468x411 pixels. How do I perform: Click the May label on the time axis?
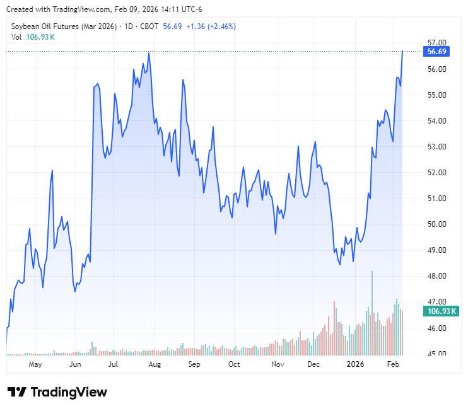(35, 364)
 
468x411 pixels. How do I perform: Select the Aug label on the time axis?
(155, 364)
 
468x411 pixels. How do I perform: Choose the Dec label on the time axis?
(314, 364)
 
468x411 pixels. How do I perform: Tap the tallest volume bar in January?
(372, 272)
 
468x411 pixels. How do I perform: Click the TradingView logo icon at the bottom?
(17, 392)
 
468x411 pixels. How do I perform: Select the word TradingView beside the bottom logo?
(69, 392)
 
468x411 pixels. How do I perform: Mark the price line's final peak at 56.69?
(402, 50)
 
